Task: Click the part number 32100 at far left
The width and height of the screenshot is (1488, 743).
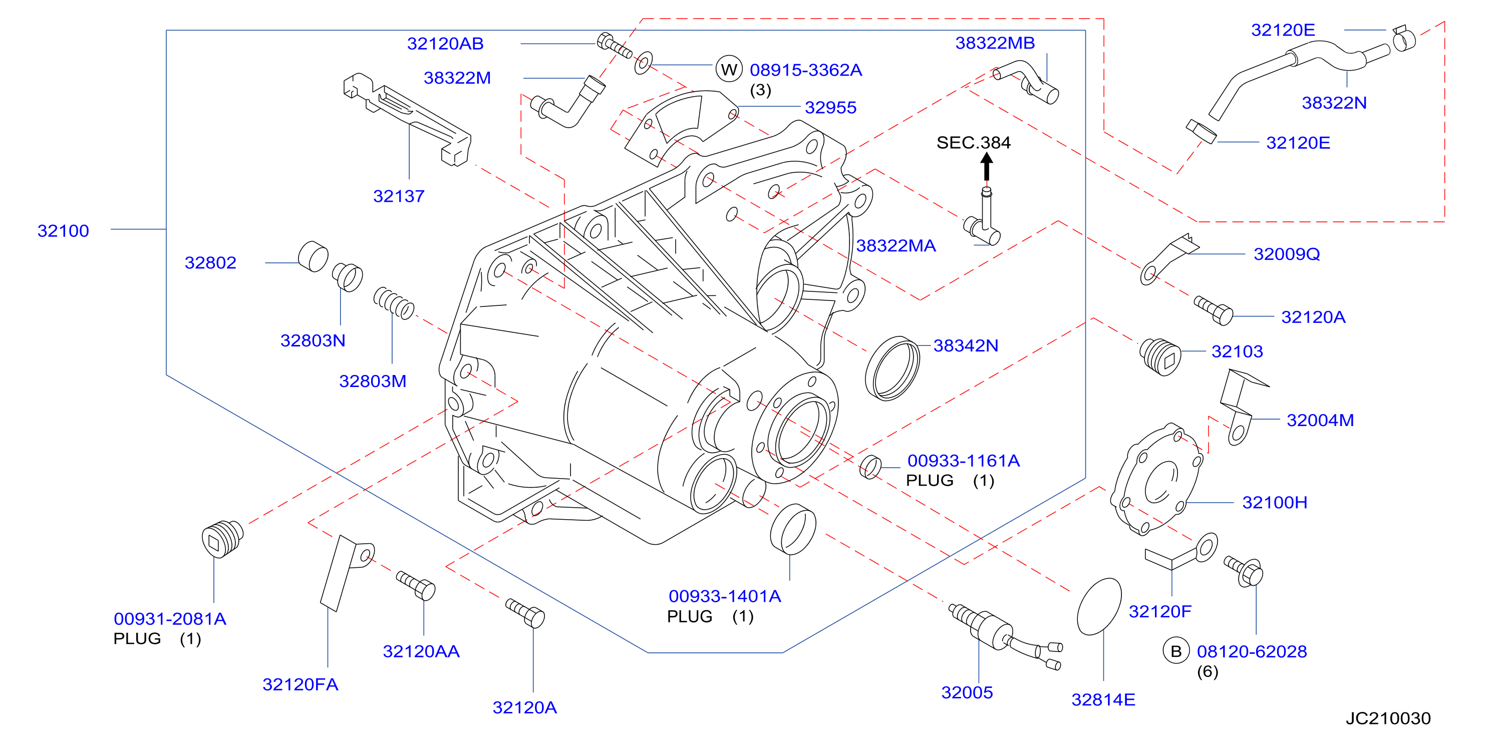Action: (63, 231)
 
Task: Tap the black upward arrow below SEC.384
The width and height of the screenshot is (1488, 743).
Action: (987, 167)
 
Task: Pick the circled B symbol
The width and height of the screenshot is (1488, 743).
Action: (1175, 651)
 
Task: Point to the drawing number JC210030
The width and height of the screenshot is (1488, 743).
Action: (1388, 718)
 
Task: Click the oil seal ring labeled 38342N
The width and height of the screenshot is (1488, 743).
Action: (892, 368)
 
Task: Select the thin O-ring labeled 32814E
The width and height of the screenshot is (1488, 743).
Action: (1099, 606)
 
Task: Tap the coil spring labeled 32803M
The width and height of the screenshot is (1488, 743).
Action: (393, 303)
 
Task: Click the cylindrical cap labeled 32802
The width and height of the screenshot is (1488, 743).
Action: (313, 256)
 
